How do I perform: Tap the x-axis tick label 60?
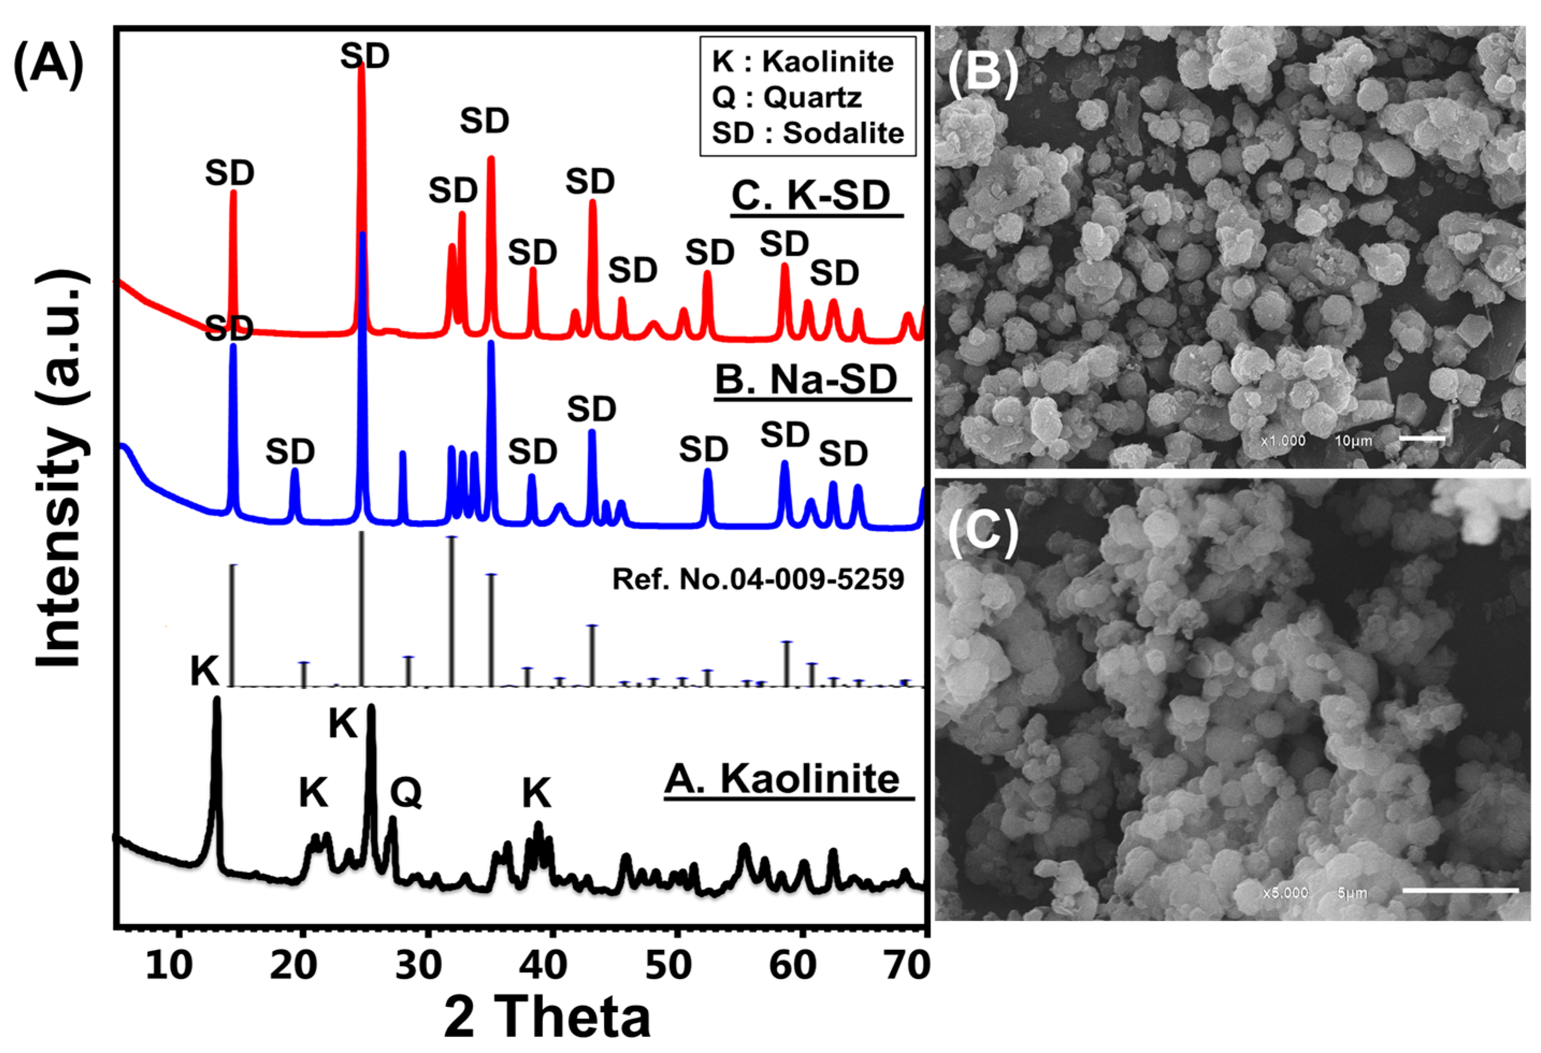(792, 965)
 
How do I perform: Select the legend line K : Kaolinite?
(803, 62)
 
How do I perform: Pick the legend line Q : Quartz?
(786, 98)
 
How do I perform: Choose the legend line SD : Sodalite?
(808, 133)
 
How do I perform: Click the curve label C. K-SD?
(811, 197)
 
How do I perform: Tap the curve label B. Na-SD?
(806, 381)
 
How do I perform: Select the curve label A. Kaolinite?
(783, 779)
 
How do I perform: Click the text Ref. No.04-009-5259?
(758, 579)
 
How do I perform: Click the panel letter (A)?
(48, 65)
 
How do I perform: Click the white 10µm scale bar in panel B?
(1422, 438)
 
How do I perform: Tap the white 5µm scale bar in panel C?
(1460, 890)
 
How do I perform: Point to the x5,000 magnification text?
(1285, 893)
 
